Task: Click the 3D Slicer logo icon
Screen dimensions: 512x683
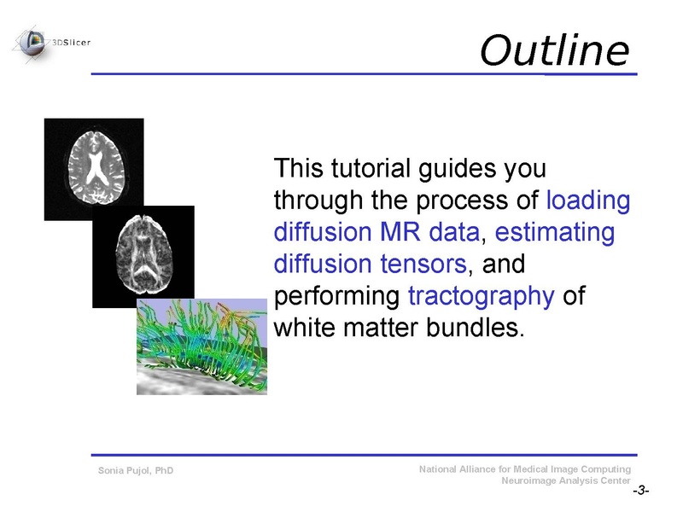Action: tap(32, 40)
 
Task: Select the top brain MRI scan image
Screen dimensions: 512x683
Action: tap(94, 169)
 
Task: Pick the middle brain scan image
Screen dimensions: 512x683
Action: tap(143, 256)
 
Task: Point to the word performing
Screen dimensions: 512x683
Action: tap(337, 296)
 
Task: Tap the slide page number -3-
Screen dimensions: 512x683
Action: tap(640, 492)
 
